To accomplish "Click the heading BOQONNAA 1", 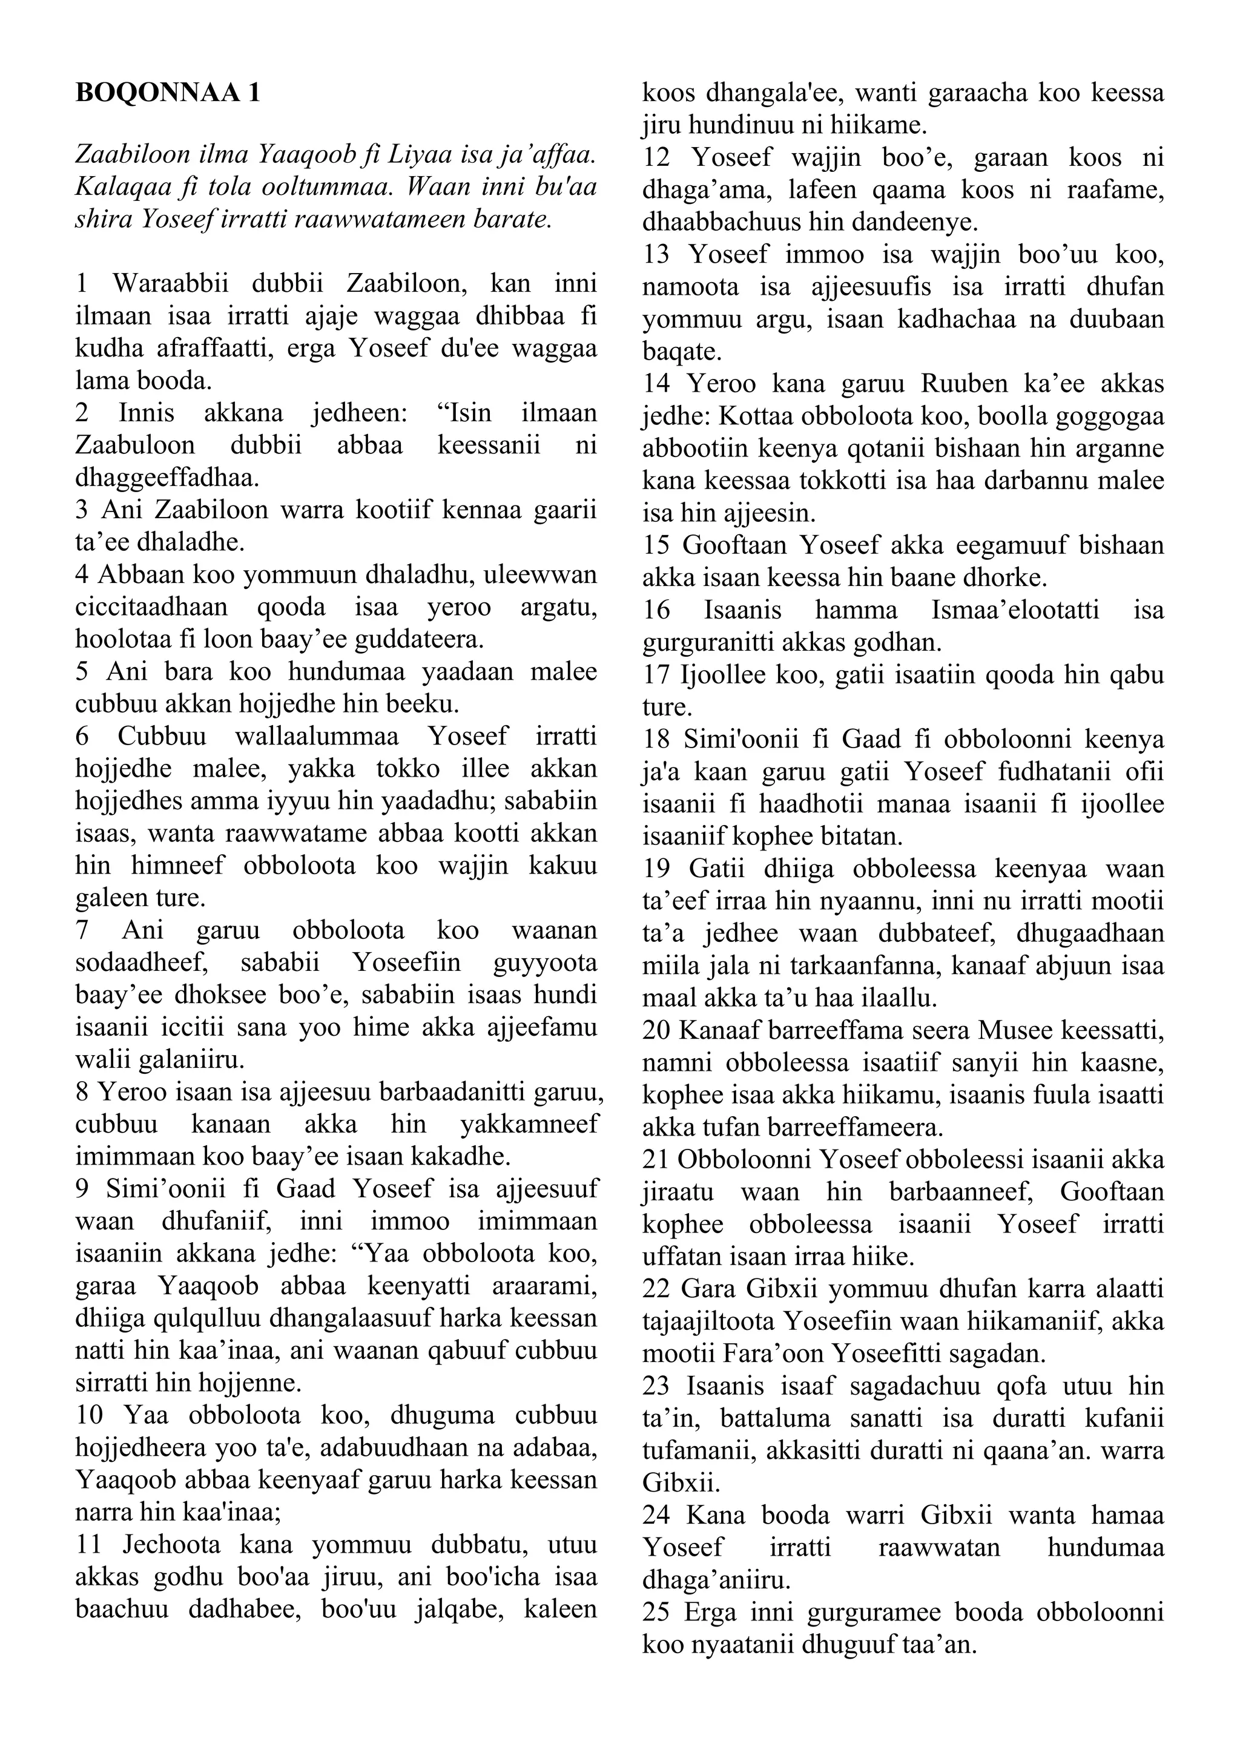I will (167, 93).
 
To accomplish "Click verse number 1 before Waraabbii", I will (82, 283).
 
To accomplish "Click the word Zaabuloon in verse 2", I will (136, 445).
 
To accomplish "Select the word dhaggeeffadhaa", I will (167, 478).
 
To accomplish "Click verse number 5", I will (82, 671).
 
